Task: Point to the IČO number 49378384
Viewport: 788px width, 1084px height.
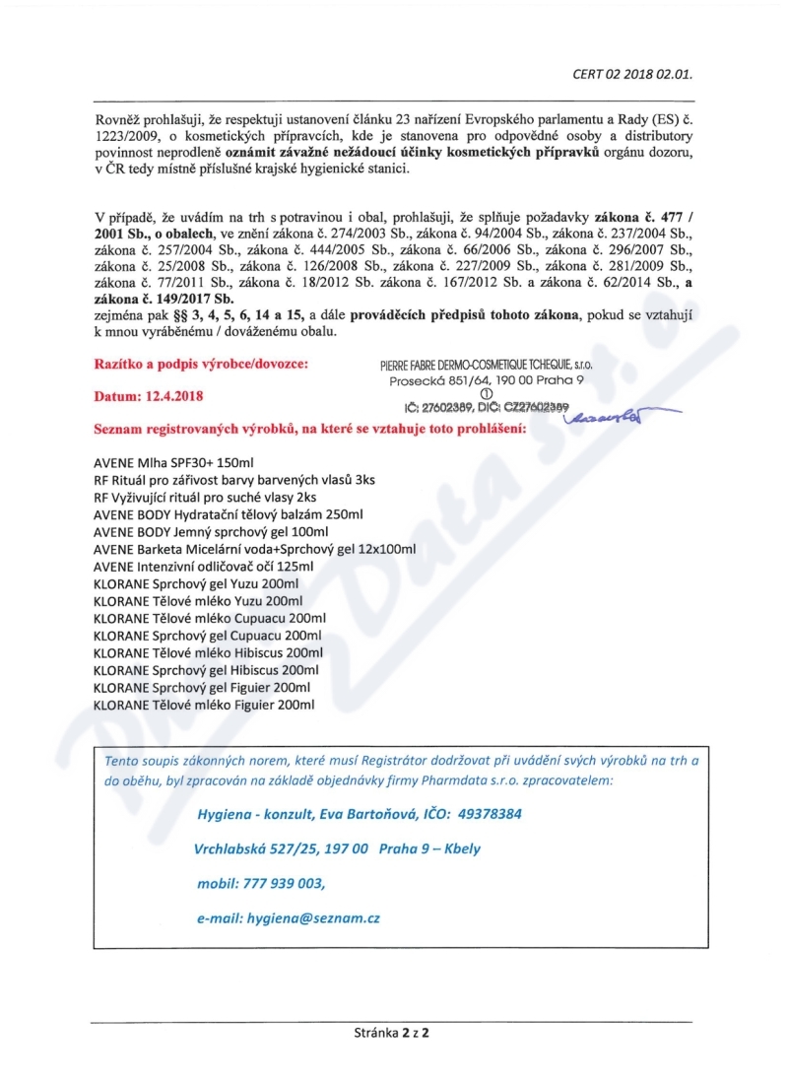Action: click(489, 815)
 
